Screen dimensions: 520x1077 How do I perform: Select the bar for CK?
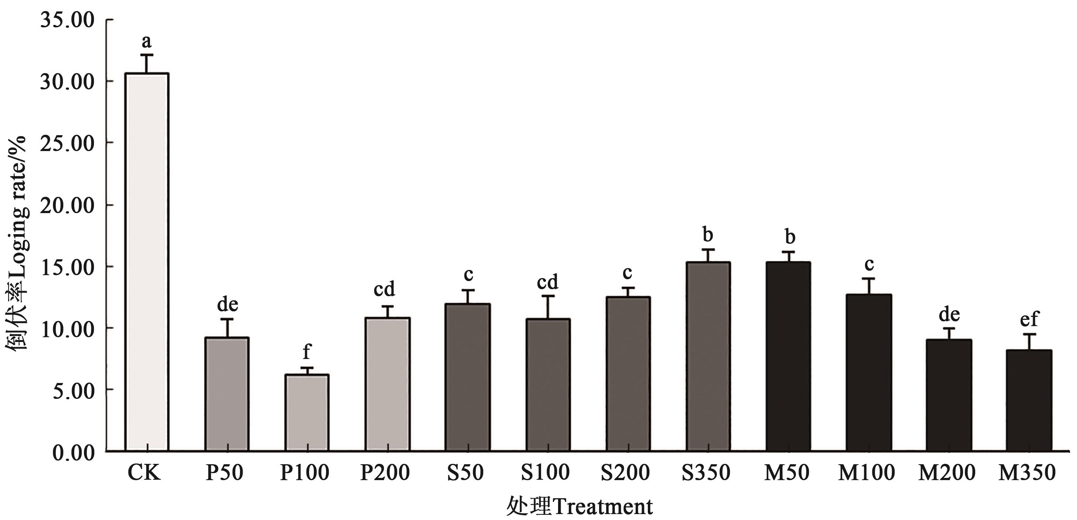147,261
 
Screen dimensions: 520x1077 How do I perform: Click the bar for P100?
307,412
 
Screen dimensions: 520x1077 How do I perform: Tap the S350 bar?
708,356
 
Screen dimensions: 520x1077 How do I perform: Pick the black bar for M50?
788,356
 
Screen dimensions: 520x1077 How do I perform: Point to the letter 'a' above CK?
146,41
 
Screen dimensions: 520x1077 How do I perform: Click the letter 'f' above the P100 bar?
307,352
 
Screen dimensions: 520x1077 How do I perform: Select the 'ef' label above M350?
1029,319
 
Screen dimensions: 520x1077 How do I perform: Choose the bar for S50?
468,377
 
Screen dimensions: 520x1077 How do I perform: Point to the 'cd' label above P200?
384,289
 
